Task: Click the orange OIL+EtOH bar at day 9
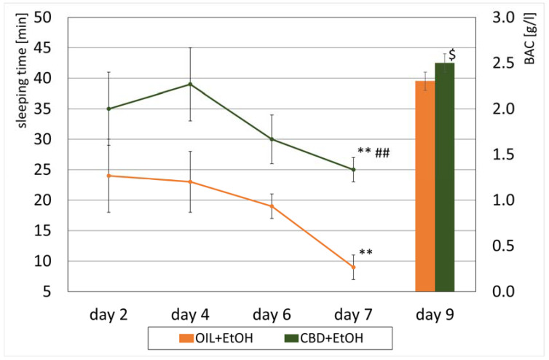pyautogui.click(x=424, y=186)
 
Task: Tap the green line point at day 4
pyautogui.click(x=190, y=84)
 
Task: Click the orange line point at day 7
pyautogui.click(x=354, y=267)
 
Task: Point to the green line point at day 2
pyautogui.click(x=108, y=109)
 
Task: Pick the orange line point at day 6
pyautogui.click(x=272, y=206)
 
